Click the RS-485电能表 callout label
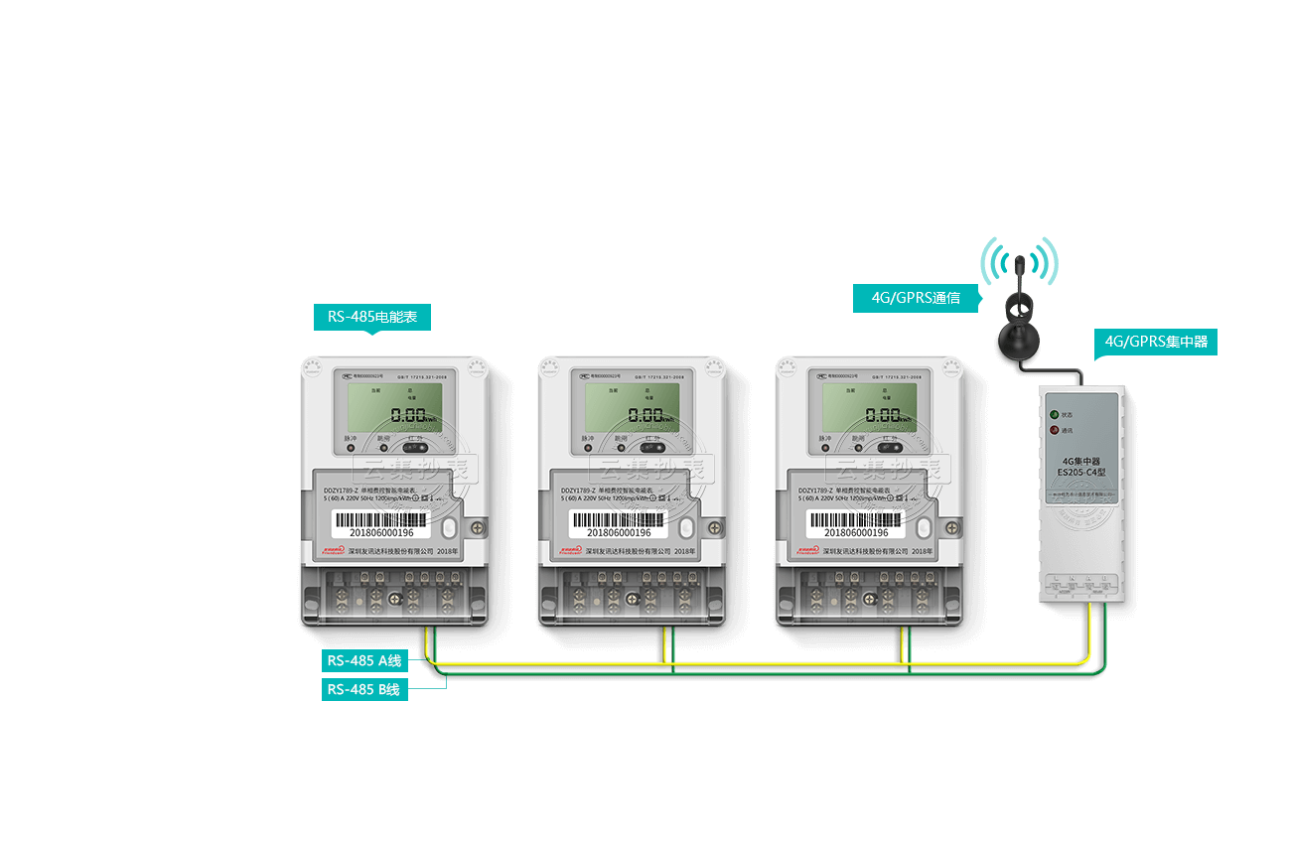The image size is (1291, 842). [371, 318]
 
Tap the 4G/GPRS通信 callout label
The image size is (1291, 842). [916, 298]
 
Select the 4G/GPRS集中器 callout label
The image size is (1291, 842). [1156, 343]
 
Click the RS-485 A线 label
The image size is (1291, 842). [364, 660]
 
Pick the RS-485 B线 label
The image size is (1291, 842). [364, 689]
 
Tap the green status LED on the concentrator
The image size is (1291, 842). [1055, 413]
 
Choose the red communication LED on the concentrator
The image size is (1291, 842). [1055, 431]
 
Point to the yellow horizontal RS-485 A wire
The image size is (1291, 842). [755, 662]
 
